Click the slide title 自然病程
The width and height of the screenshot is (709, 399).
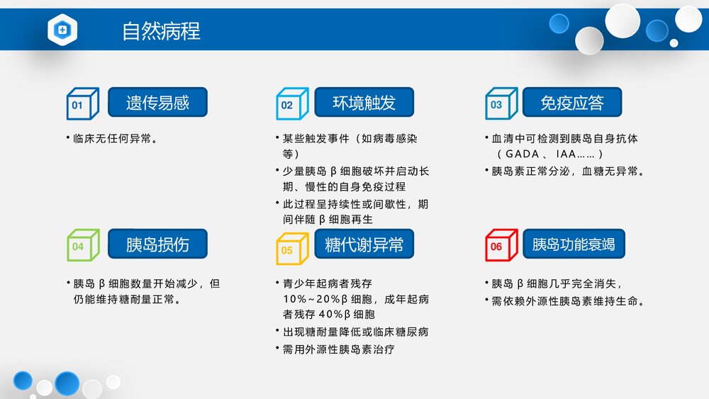coord(161,31)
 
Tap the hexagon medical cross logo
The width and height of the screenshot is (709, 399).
coord(62,30)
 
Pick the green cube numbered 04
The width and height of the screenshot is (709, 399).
coord(81,245)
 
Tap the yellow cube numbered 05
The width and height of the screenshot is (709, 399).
coord(290,248)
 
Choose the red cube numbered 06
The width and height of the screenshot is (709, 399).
coord(499,245)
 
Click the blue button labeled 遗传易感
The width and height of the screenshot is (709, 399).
coord(157,103)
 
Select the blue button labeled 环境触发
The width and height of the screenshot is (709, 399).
coord(364,103)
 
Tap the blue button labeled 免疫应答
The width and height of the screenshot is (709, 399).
coord(571,103)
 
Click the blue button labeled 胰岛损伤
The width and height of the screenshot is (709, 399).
coord(157,245)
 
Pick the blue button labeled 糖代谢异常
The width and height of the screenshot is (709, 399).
coord(364,245)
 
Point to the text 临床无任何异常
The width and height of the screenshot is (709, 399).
coord(115,139)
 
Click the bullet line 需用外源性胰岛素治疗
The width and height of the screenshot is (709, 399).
coord(338,349)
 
